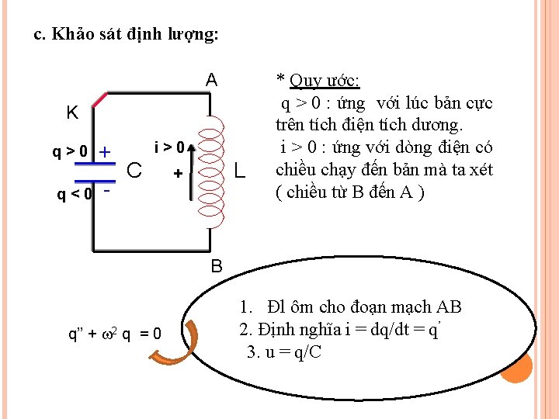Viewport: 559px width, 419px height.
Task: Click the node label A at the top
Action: coord(211,80)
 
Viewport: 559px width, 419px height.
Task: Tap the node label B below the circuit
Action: coord(217,266)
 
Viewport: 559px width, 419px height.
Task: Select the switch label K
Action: coord(71,113)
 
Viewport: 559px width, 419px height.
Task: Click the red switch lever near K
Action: coord(99,100)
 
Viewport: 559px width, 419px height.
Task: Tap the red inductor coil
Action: coord(210,170)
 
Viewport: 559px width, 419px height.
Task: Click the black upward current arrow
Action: coord(189,171)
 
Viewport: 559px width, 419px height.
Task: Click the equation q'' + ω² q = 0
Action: coord(116,334)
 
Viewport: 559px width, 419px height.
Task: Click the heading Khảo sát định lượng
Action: coord(127,35)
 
